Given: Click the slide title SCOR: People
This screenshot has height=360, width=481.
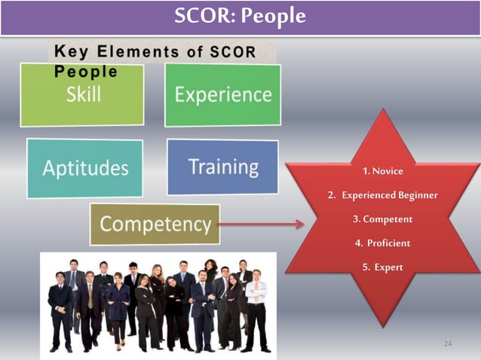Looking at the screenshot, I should (240, 16).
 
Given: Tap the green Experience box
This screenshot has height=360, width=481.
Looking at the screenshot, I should (223, 94).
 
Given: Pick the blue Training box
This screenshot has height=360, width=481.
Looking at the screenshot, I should (223, 166).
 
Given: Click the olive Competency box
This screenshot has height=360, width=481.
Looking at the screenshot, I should (155, 224).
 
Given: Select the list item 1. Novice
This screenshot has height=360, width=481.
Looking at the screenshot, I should (382, 171).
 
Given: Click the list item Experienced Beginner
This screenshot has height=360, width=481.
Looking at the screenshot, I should (382, 195).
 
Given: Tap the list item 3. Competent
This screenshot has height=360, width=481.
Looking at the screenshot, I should (382, 219).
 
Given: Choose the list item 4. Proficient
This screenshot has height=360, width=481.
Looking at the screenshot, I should (382, 243).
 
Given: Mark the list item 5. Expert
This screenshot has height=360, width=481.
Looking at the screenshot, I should (382, 267).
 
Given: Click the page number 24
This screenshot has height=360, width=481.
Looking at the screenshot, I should (448, 344).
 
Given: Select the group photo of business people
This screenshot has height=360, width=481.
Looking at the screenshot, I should (158, 304).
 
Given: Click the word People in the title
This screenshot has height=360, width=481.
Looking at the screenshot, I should (280, 16).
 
